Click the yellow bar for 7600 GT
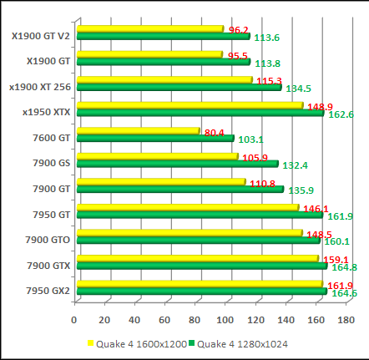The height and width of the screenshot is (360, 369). pyautogui.click(x=138, y=131)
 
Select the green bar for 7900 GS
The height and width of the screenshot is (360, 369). pyautogui.click(x=175, y=164)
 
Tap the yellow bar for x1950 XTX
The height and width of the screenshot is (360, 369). pyautogui.click(x=189, y=105)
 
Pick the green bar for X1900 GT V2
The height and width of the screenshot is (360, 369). pyautogui.click(x=163, y=37)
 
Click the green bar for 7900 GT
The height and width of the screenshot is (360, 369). pyautogui.click(x=179, y=189)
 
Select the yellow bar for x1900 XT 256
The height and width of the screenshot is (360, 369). pyautogui.click(x=164, y=80)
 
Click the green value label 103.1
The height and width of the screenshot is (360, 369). pyautogui.click(x=251, y=140)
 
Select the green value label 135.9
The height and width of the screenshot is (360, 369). pyautogui.click(x=301, y=190)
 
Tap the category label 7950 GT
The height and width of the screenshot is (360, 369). pyautogui.click(x=51, y=215)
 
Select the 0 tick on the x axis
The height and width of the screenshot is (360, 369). pyautogui.click(x=75, y=320)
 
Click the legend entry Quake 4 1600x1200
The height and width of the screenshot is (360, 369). pyautogui.click(x=134, y=342)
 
